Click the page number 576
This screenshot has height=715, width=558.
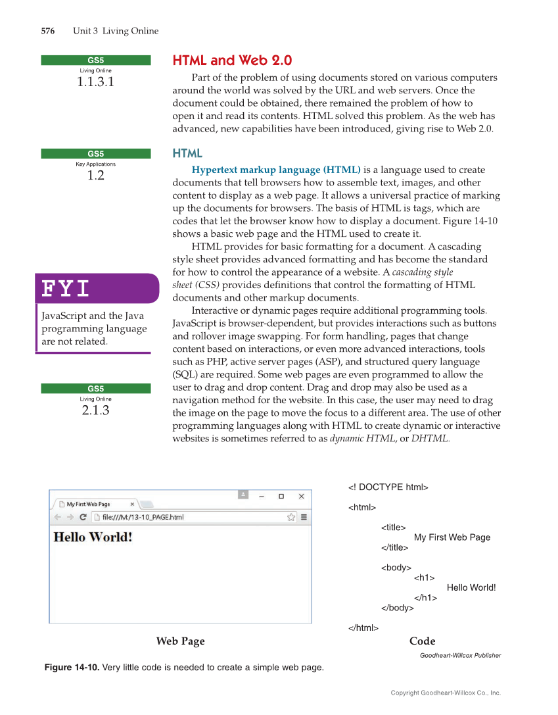tap(47, 31)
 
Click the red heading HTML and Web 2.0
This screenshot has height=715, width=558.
tap(232, 61)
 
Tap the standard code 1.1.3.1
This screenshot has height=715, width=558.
tap(96, 82)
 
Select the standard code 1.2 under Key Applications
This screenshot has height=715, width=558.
tap(96, 176)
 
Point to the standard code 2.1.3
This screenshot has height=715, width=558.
tap(96, 410)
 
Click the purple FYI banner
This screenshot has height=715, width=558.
tap(97, 288)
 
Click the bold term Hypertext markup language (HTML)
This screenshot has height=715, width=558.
tap(276, 170)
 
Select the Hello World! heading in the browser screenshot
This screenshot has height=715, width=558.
tap(93, 537)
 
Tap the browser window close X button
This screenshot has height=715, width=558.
tap(301, 496)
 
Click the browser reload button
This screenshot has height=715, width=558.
tap(83, 517)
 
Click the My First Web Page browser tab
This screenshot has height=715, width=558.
tap(92, 504)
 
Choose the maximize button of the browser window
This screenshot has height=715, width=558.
tap(281, 496)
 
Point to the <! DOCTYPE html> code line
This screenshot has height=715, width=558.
tap(388, 487)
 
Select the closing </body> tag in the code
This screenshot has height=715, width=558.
tap(398, 608)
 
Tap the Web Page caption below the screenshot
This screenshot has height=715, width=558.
tap(180, 641)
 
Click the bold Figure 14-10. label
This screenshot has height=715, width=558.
tap(72, 668)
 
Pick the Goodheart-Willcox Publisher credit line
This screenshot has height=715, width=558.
tap(460, 655)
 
